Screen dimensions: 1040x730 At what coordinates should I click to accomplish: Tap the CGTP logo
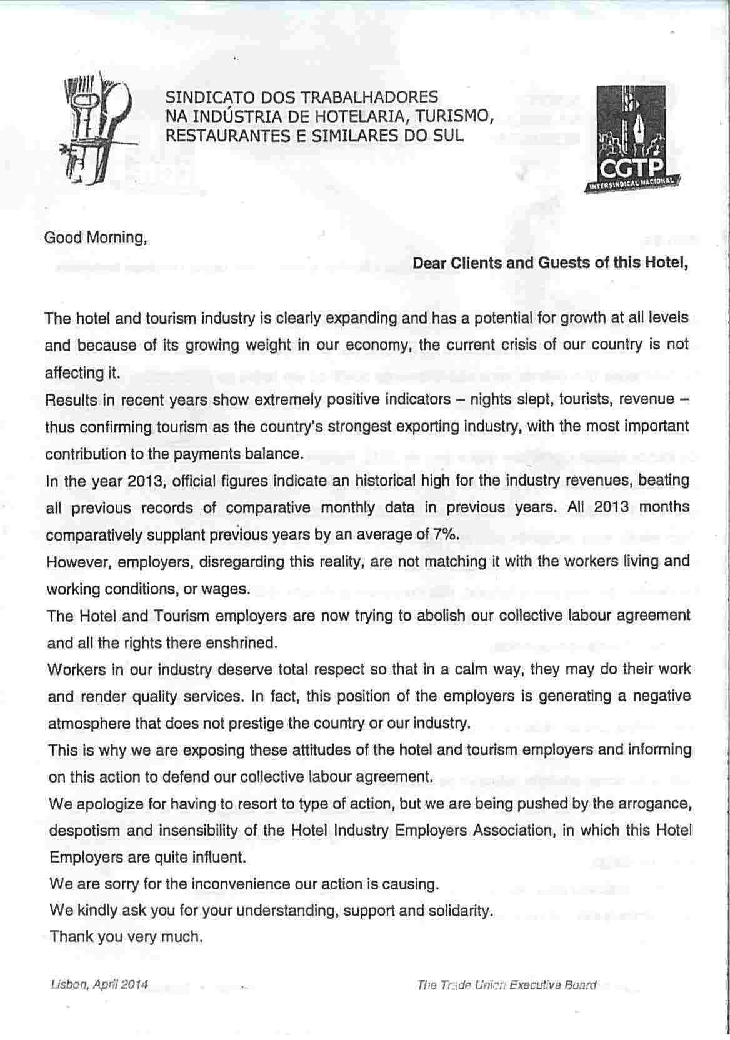coord(631,141)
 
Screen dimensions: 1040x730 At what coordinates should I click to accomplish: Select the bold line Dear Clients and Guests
coord(550,263)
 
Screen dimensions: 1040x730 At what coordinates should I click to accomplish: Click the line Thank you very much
coord(126,936)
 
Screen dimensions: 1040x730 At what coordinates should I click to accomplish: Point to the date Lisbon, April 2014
coord(99,984)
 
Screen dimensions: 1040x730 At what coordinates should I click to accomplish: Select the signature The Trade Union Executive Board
coord(506,986)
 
